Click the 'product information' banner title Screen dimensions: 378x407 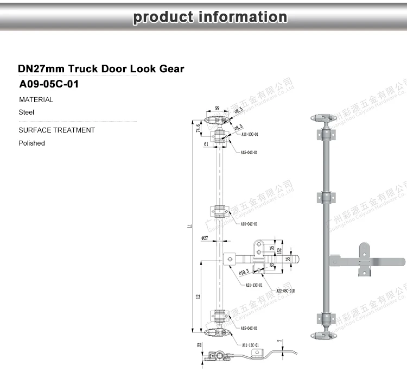click(x=210, y=17)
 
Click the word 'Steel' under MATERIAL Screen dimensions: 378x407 click(x=27, y=112)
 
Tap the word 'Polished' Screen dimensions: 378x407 click(x=31, y=143)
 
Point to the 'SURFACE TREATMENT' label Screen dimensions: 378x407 click(x=56, y=130)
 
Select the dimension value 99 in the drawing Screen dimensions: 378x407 click(x=217, y=109)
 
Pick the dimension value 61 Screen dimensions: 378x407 click(x=206, y=144)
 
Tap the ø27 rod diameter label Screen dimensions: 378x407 click(x=205, y=238)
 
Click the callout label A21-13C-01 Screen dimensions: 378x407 click(x=253, y=285)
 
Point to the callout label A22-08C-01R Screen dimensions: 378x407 click(x=286, y=291)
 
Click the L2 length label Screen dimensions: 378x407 click(x=199, y=297)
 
